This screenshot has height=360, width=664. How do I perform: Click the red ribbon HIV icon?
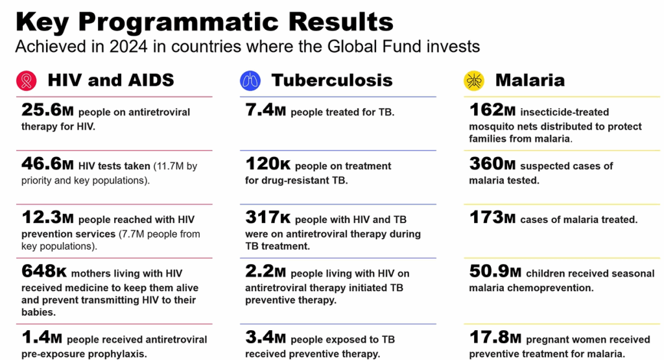click(27, 80)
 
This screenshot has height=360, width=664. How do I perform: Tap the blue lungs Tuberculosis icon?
click(250, 80)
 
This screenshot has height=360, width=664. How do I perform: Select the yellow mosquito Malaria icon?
click(474, 80)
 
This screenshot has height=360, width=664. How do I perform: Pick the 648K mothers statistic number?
click(43, 272)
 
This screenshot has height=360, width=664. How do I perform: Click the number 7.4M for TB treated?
click(265, 110)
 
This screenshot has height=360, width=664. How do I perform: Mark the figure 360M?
click(493, 165)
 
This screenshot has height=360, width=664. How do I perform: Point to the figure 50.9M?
click(495, 272)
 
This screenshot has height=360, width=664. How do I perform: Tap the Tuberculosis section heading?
click(332, 80)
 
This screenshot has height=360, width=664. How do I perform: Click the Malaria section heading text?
click(530, 80)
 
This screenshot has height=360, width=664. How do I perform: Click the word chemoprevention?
click(552, 287)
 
